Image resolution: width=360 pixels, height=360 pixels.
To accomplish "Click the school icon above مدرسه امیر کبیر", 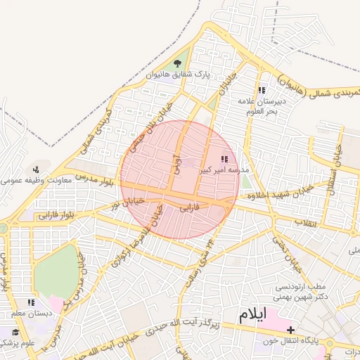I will pos(224,160).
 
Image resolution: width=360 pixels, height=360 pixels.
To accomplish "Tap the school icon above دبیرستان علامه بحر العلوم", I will pos(262,90).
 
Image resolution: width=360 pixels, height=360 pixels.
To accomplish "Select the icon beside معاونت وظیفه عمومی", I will pos(35,169).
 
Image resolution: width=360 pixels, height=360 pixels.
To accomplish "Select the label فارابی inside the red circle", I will pos(191,208).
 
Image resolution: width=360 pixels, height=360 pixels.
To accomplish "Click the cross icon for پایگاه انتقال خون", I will pos(290,330).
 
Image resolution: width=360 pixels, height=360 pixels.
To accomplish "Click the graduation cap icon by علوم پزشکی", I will pos(15,332).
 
